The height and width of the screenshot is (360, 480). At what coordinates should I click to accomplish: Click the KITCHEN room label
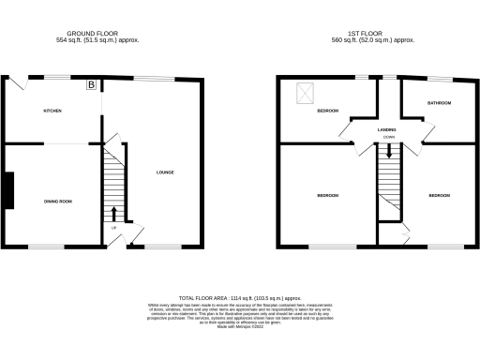pyautogui.click(x=52, y=112)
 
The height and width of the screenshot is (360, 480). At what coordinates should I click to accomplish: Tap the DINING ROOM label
pyautogui.click(x=58, y=202)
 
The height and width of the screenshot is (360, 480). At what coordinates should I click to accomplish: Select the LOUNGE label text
pyautogui.click(x=165, y=172)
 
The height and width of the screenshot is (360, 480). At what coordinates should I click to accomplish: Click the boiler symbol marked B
pyautogui.click(x=91, y=85)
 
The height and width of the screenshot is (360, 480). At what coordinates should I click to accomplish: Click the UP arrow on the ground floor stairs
pyautogui.click(x=115, y=213)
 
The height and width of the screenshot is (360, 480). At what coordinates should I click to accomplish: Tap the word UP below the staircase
pyautogui.click(x=114, y=228)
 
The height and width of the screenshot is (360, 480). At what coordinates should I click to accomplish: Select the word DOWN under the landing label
pyautogui.click(x=388, y=137)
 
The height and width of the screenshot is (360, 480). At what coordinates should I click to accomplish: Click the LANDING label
pyautogui.click(x=387, y=129)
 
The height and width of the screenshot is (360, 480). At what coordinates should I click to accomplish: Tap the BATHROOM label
pyautogui.click(x=439, y=102)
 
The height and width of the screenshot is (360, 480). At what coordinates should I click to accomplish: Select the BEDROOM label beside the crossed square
pyautogui.click(x=327, y=112)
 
